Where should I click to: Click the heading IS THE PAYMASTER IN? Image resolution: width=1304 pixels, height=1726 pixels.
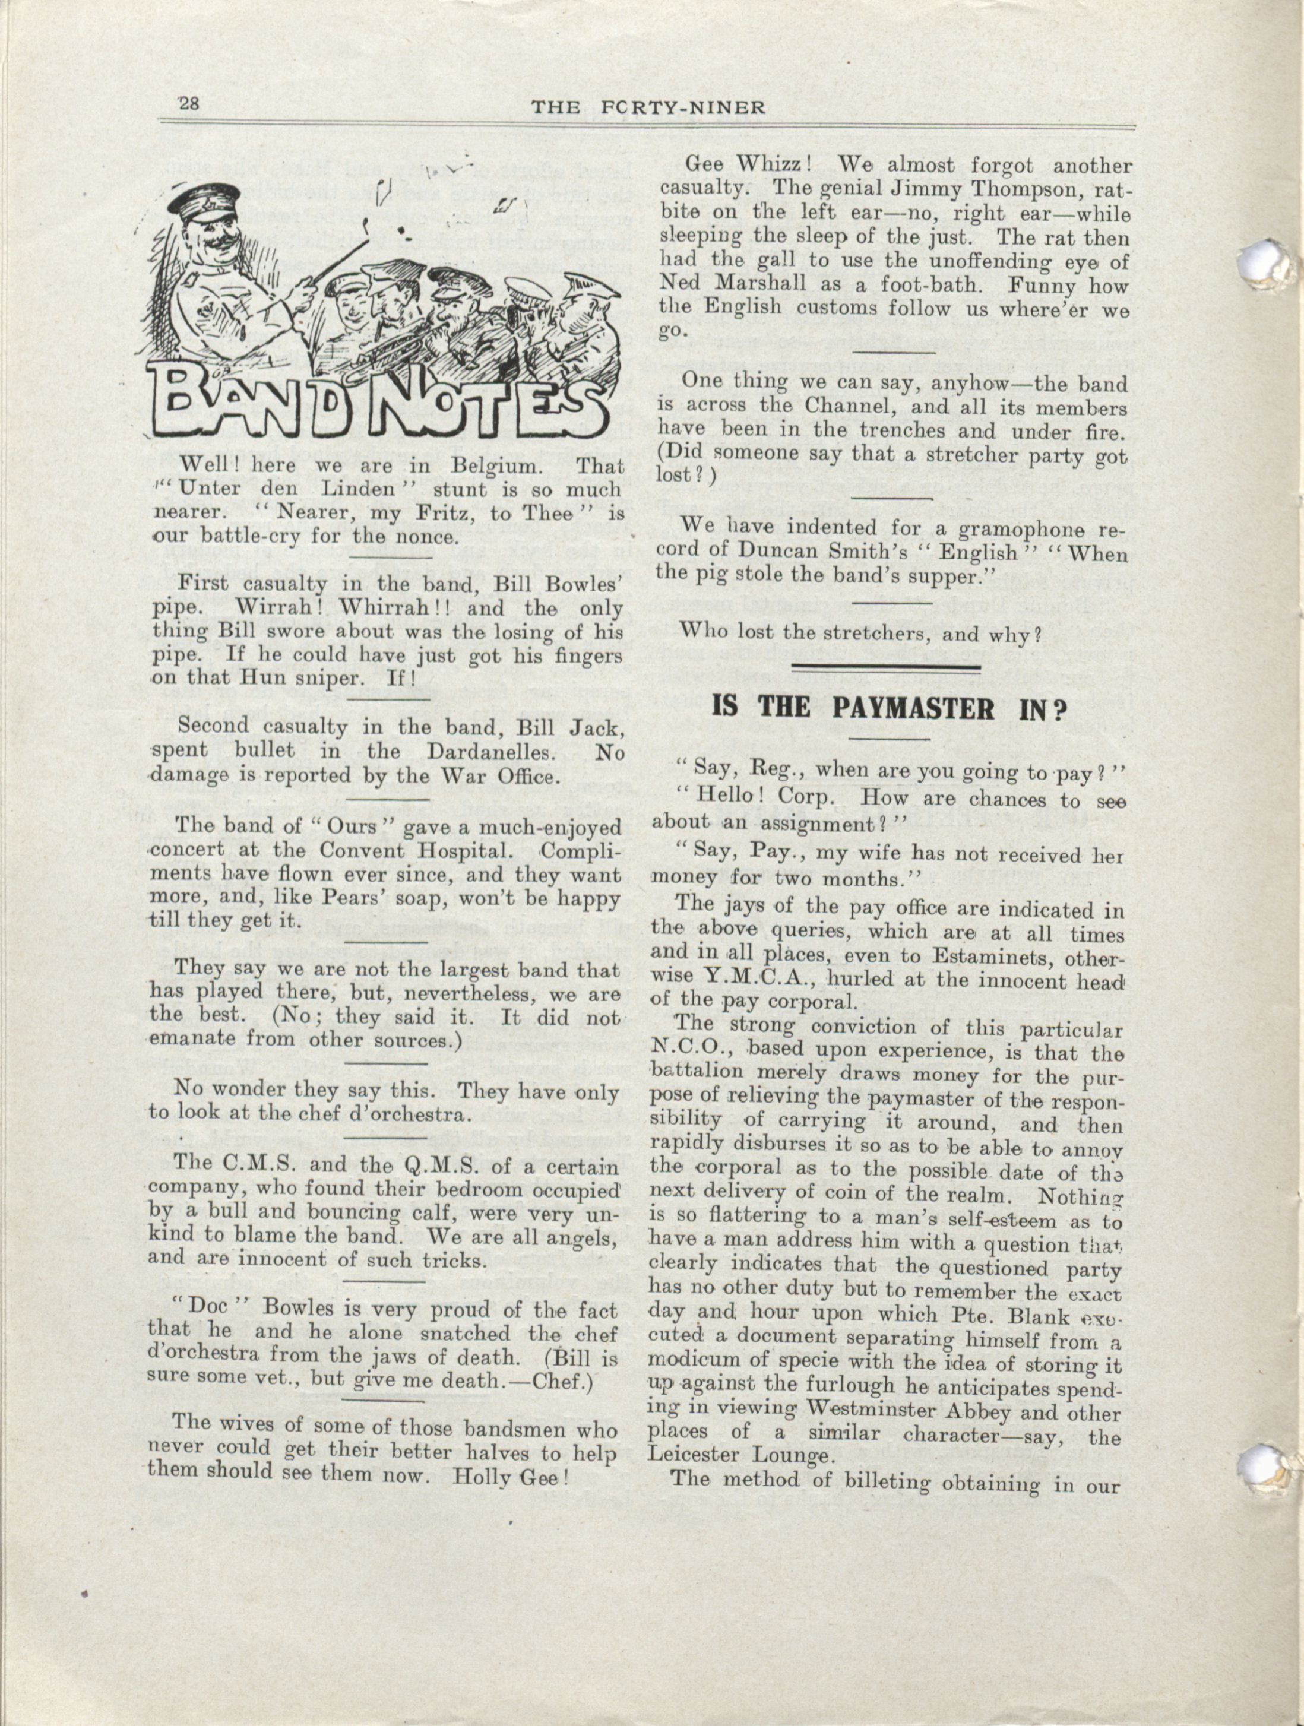click(x=889, y=708)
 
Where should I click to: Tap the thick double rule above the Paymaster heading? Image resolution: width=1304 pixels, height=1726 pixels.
click(x=886, y=667)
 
